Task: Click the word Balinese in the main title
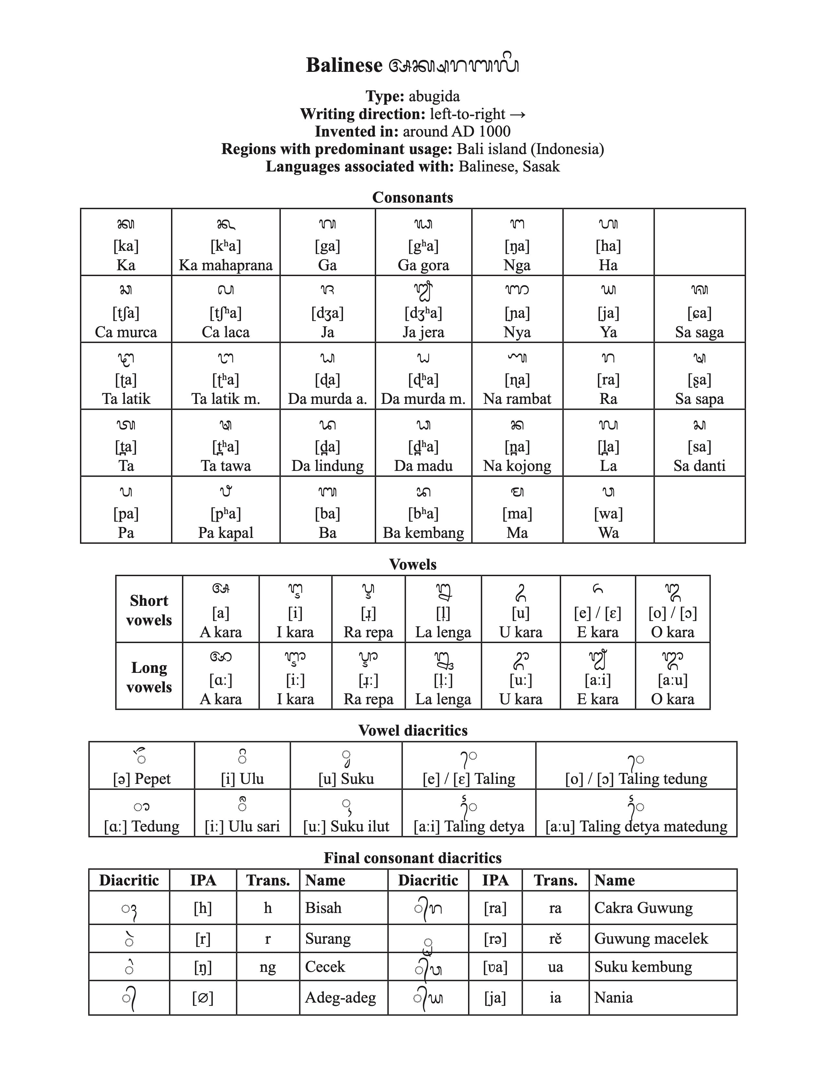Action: pyautogui.click(x=344, y=65)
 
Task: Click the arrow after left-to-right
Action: pyautogui.click(x=517, y=114)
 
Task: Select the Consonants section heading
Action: pyautogui.click(x=412, y=197)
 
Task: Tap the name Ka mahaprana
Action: pyautogui.click(x=225, y=265)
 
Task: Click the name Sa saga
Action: pyautogui.click(x=699, y=332)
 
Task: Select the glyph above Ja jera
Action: pyautogui.click(x=423, y=291)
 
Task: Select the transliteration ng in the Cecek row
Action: pyautogui.click(x=268, y=966)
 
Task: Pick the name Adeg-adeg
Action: pyautogui.click(x=340, y=997)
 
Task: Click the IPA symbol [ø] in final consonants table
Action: pyautogui.click(x=202, y=997)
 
